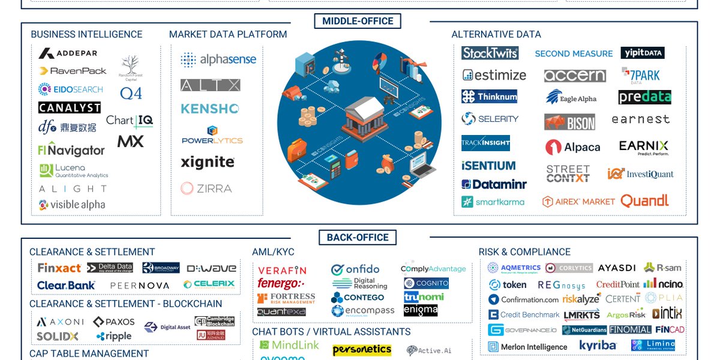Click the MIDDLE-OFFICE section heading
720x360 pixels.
(x=358, y=22)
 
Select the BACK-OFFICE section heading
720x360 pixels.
(x=358, y=238)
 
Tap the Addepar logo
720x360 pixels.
(x=68, y=54)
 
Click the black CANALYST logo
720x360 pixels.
(x=69, y=107)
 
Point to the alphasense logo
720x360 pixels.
(x=218, y=59)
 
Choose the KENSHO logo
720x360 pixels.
(x=210, y=109)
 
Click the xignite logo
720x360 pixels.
(x=208, y=162)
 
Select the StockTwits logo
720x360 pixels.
(x=490, y=53)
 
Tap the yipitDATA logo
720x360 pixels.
(x=642, y=53)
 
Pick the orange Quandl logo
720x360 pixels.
(x=644, y=201)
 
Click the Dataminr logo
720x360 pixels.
(x=494, y=185)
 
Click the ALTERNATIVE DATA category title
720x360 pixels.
(x=496, y=35)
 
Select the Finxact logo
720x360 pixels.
(x=59, y=268)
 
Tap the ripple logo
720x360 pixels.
(x=114, y=336)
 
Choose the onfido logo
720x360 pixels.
(x=355, y=269)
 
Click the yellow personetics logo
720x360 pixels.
(x=362, y=349)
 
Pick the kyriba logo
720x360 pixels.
(x=598, y=346)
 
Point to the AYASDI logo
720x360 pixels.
(x=617, y=268)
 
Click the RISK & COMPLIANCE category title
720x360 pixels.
(x=524, y=252)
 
